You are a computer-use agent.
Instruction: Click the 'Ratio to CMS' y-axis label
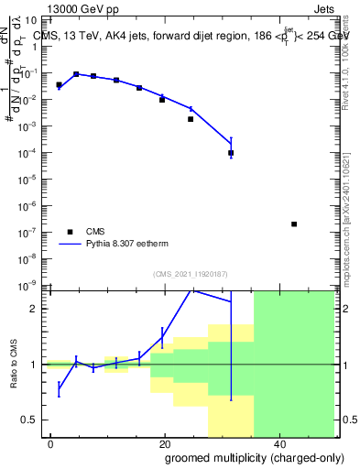(16, 364)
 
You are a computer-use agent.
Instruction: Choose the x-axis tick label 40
(278, 443)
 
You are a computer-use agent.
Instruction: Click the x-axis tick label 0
(51, 443)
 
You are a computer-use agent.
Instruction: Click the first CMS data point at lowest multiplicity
(59, 85)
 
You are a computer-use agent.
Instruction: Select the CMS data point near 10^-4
(231, 153)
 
